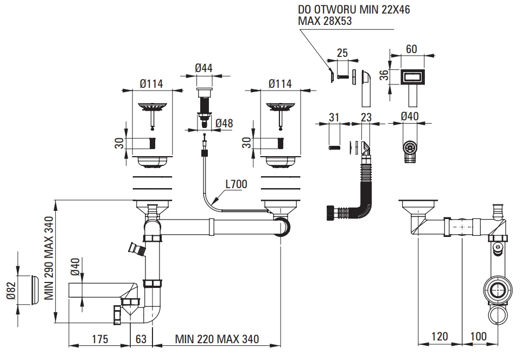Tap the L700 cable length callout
pos(236,184)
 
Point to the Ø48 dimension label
pos(224,123)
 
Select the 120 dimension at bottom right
pos(440,337)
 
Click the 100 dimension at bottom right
pos(478,337)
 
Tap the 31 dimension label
pos(334,117)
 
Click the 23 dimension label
pos(365,117)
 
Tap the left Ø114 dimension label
pos(151,83)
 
